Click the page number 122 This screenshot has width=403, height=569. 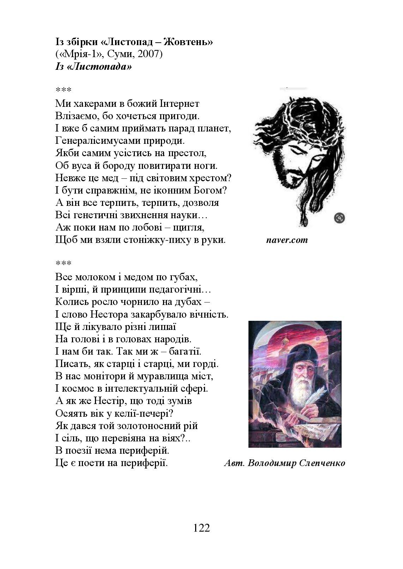pos(202,528)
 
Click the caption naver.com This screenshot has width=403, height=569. pos(287,240)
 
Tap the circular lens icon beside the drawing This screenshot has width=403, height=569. pos(339,218)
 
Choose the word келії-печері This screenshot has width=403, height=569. pos(147,413)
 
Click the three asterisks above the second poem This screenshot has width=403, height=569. pos(63,263)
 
